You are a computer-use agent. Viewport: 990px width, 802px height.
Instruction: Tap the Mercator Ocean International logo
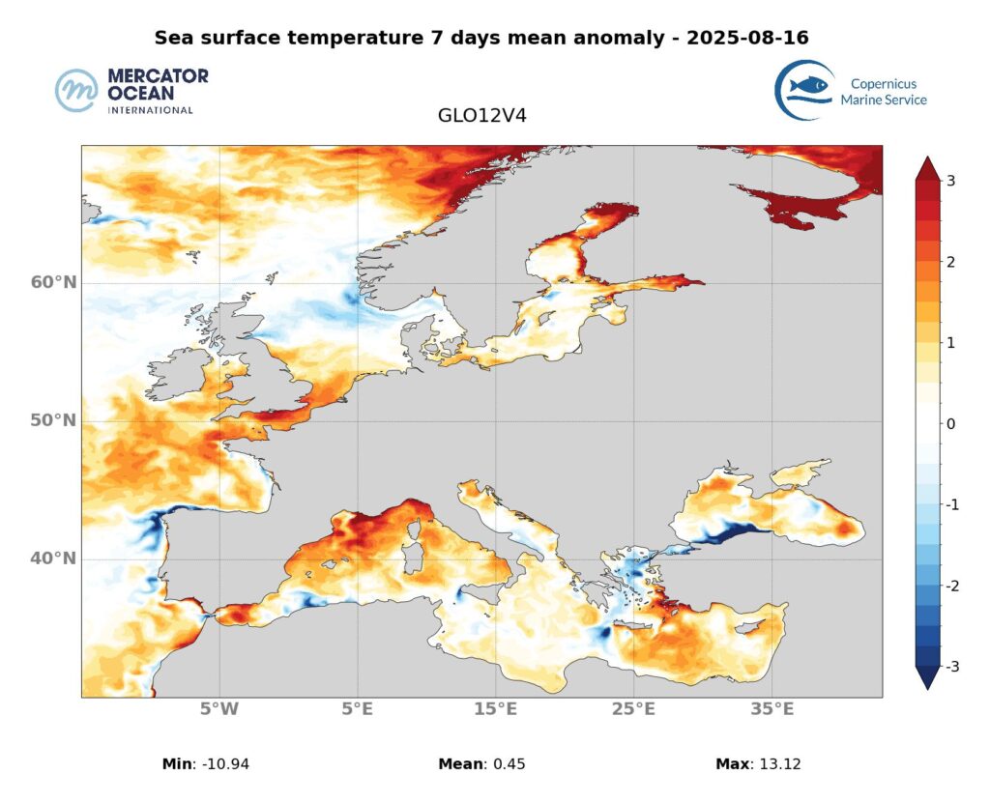131,91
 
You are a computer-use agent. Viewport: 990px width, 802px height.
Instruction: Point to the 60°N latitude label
53,282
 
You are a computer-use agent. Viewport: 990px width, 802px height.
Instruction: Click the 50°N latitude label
53,421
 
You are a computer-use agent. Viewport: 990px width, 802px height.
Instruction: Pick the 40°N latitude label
53,559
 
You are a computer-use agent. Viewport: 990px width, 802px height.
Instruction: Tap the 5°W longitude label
219,710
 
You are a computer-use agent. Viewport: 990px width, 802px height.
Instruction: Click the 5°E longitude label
358,710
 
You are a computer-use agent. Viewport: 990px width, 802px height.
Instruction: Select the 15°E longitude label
495,710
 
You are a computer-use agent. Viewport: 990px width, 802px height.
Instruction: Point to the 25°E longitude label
633,710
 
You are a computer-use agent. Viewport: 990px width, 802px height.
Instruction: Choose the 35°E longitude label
772,710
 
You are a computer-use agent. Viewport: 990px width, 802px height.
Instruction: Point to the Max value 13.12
777,764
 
